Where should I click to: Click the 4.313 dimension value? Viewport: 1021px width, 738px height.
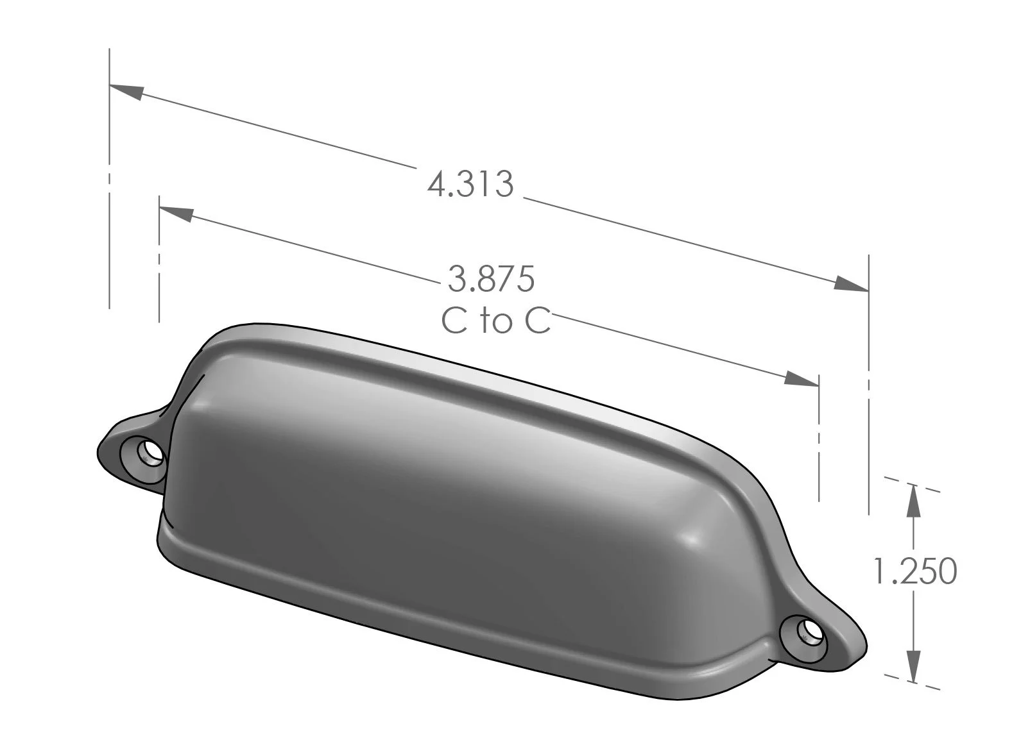[470, 184]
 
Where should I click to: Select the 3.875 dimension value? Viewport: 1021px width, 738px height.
[491, 279]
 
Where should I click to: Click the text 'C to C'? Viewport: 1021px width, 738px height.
[496, 321]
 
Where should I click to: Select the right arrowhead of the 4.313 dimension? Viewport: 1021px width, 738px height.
[852, 285]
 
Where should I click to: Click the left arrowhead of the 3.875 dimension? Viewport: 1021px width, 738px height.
[175, 214]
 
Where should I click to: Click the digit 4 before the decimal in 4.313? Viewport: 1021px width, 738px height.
[437, 185]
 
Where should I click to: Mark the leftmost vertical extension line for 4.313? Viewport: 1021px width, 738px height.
[110, 192]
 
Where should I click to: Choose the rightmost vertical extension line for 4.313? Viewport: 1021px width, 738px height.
[869, 385]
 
